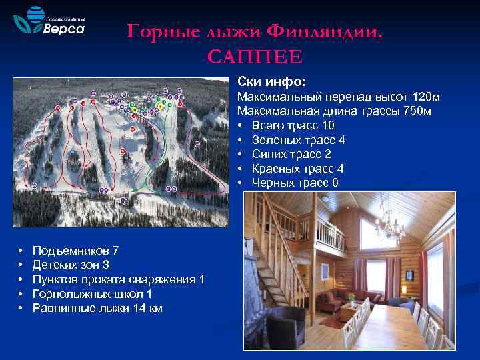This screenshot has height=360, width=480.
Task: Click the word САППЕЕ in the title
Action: coord(255,56)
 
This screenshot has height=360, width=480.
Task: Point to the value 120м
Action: coord(425,97)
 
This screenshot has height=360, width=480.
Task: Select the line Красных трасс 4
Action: coord(297,169)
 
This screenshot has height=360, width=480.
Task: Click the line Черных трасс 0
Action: coord(295,183)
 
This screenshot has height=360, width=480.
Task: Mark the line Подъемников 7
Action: coord(75,251)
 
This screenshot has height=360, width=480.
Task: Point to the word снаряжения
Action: coord(161,279)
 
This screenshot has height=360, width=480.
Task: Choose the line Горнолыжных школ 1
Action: coord(92,294)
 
